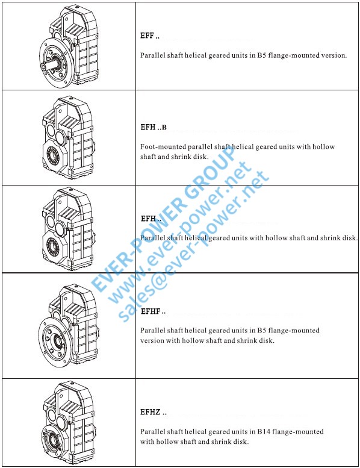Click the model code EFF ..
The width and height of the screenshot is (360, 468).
click(x=150, y=36)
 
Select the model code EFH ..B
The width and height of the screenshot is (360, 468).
click(x=154, y=127)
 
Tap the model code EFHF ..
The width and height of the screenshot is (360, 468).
click(x=153, y=311)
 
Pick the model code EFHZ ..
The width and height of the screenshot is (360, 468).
click(x=154, y=412)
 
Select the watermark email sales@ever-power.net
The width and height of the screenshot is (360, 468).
click(x=194, y=246)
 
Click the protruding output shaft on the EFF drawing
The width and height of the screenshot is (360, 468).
click(x=49, y=64)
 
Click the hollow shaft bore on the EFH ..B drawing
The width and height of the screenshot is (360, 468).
click(x=54, y=156)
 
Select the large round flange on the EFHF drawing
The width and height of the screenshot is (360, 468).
click(x=55, y=342)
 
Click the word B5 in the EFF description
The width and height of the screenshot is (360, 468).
click(x=261, y=55)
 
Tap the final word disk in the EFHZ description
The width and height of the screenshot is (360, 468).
click(x=240, y=441)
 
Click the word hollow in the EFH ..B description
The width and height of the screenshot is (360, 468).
click(x=324, y=147)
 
